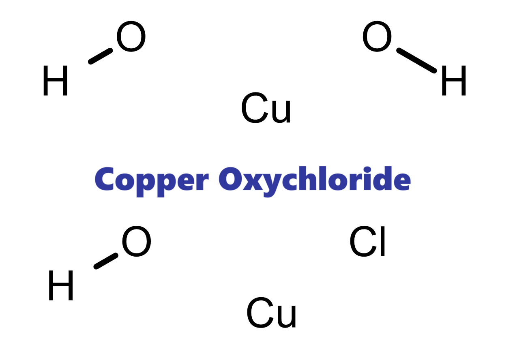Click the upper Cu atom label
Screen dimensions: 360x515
click(266, 109)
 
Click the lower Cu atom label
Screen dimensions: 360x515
click(272, 313)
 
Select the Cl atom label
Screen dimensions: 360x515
click(367, 242)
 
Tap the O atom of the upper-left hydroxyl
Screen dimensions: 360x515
click(131, 37)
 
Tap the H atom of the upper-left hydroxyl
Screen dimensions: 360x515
click(55, 81)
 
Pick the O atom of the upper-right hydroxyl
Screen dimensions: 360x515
click(377, 37)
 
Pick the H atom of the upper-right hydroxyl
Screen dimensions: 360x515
click(453, 81)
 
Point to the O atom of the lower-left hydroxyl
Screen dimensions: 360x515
click(136, 242)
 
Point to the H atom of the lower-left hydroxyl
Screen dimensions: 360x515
click(61, 286)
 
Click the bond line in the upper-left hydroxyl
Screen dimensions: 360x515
click(100, 56)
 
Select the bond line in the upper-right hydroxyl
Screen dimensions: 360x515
click(416, 61)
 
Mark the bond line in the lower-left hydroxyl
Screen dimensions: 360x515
click(106, 261)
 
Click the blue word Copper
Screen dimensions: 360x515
click(152, 180)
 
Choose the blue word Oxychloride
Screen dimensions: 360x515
click(315, 180)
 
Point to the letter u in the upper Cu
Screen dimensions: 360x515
click(281, 112)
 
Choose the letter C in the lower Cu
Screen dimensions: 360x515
click(259, 313)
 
